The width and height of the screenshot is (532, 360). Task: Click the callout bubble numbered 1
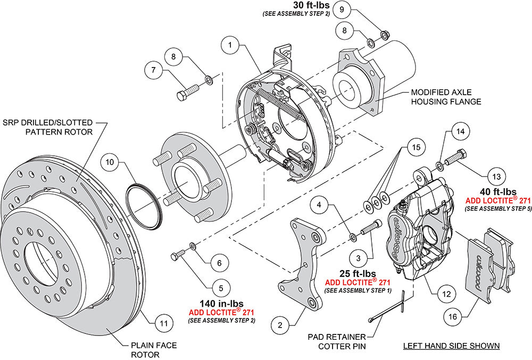[x=230, y=46]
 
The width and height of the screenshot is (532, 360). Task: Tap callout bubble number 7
[x=153, y=70]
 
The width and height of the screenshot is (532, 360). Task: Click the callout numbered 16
[x=452, y=317]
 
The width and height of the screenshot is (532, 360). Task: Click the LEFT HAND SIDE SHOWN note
[x=451, y=346]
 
